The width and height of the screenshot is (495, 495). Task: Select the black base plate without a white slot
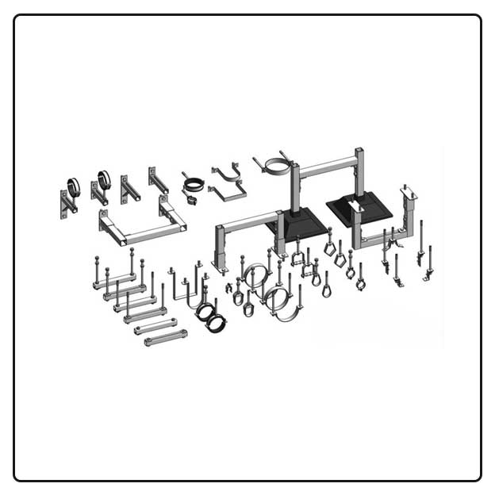point(297,224)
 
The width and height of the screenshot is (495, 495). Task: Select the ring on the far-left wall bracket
point(73,186)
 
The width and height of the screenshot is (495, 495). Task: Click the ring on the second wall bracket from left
point(104,178)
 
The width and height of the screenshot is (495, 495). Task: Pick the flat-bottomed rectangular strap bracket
point(228,190)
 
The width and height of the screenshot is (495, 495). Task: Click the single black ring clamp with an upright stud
point(193,186)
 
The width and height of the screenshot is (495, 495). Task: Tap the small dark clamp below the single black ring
point(191,200)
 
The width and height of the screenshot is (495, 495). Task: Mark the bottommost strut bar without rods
point(166,337)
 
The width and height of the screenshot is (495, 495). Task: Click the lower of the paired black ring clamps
point(215,321)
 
